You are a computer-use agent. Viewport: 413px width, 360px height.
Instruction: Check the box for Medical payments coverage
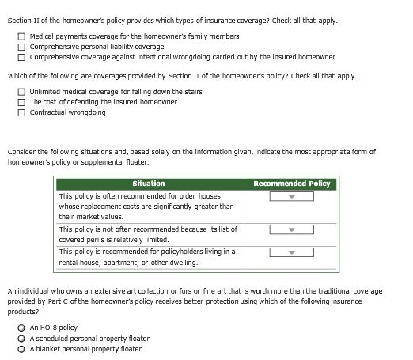(23, 36)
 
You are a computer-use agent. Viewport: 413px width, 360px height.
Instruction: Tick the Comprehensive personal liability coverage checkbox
(23, 47)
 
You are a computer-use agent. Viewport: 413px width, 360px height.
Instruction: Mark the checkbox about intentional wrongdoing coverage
(23, 57)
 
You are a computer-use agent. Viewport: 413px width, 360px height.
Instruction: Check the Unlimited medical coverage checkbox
(23, 92)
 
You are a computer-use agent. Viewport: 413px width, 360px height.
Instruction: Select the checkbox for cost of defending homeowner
(23, 102)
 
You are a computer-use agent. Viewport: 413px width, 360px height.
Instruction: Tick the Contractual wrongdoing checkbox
(23, 112)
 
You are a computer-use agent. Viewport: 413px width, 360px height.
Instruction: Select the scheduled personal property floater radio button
(22, 339)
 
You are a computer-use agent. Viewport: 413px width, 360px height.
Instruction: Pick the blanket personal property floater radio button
(22, 349)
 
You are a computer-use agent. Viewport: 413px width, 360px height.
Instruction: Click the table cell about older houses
(147, 206)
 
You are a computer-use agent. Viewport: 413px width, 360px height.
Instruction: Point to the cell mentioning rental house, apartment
(147, 257)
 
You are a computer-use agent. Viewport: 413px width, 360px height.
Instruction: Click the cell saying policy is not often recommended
(147, 234)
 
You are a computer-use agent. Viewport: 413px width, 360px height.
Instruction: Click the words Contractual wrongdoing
(68, 112)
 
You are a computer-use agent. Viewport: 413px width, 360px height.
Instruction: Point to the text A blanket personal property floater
(85, 349)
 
